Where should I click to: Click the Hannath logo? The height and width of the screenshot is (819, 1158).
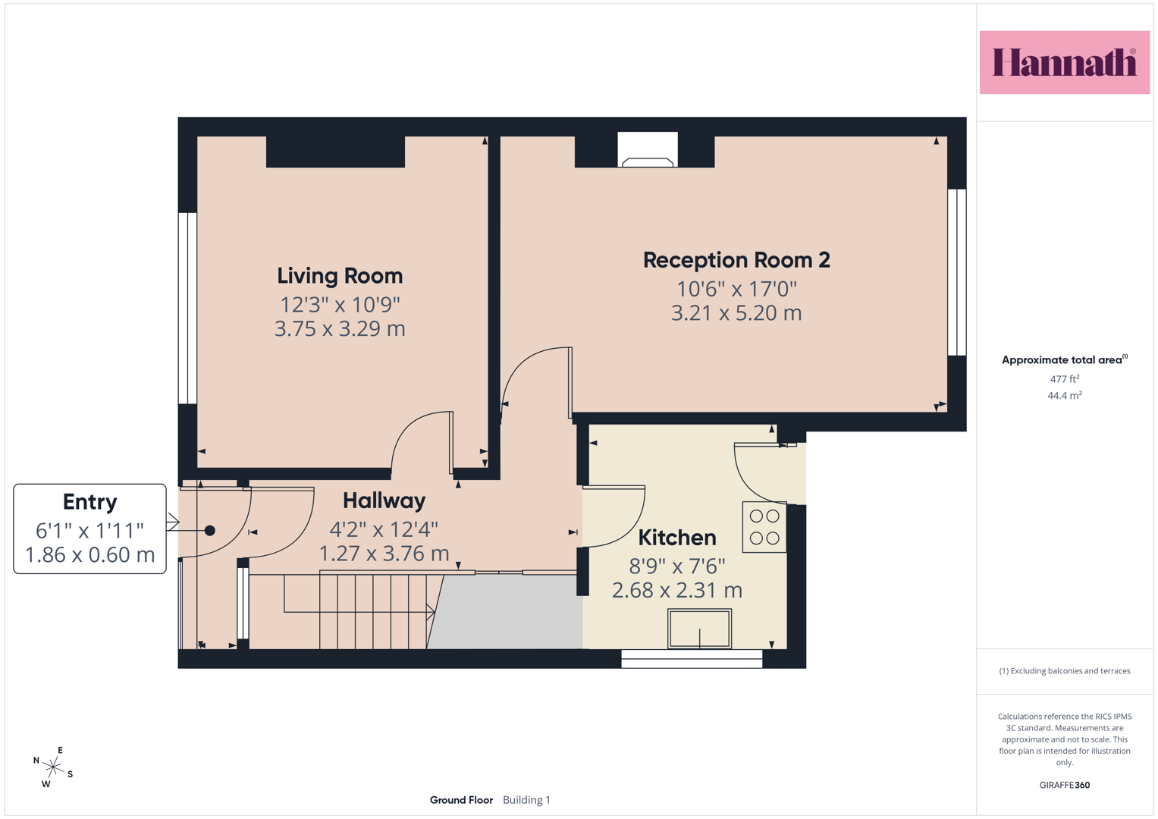(1065, 62)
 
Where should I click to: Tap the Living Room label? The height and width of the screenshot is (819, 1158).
(340, 275)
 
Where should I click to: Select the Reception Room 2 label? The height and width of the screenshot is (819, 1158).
(736, 260)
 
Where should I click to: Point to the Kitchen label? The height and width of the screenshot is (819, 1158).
(676, 538)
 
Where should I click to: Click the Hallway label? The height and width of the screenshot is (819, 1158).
(384, 501)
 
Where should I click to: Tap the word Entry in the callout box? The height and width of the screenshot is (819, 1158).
(90, 502)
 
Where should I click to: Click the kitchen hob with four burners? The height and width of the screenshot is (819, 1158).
(764, 527)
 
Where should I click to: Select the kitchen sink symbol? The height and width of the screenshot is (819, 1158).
(699, 629)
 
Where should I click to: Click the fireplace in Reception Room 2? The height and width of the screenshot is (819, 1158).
(647, 150)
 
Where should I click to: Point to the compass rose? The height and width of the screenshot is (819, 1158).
(53, 767)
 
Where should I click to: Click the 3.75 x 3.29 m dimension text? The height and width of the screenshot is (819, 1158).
(340, 329)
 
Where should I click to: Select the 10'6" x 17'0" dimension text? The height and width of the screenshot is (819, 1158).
(736, 289)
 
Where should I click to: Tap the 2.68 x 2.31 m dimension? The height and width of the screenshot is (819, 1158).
(676, 590)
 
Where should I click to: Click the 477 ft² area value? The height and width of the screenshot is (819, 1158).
(1065, 378)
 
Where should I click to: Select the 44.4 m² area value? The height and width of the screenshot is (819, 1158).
(1065, 395)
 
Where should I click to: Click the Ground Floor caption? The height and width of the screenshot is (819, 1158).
(461, 800)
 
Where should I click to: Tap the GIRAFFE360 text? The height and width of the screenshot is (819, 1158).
(1065, 785)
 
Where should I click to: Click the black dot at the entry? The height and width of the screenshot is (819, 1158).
(210, 531)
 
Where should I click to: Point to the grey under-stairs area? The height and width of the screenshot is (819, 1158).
(507, 612)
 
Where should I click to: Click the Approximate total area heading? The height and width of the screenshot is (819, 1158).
(1065, 360)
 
